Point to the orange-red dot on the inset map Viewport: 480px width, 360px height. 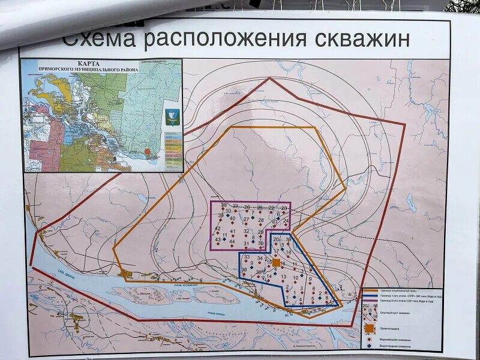pos(148,153)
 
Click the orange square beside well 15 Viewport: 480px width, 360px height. pos(276,263)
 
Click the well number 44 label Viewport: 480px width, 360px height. pos(232,241)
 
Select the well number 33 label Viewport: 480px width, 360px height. pos(247,257)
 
